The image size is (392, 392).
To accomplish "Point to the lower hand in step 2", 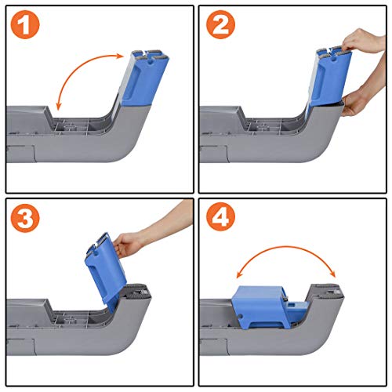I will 361,98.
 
